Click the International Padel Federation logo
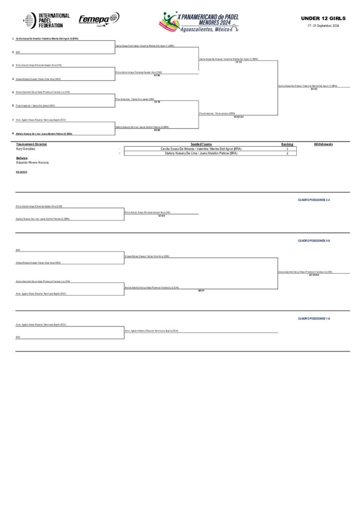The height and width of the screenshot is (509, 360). pos(46,20)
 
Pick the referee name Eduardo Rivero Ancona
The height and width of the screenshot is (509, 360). pos(32,163)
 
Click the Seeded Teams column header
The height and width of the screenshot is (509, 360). pos(202,144)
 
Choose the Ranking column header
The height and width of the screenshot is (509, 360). pos(287,144)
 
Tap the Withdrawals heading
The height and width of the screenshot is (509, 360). pos(323,144)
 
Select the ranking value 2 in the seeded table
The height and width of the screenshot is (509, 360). pos(287,154)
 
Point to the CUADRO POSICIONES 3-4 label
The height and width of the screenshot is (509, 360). pos(314,200)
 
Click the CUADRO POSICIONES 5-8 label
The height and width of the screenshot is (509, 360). pos(314,240)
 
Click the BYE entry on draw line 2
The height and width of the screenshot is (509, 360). pos(18,52)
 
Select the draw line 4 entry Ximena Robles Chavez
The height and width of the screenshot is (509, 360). pos(38,79)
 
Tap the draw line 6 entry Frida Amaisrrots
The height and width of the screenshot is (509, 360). pos(35,106)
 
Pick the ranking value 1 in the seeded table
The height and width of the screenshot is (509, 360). pos(287,149)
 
